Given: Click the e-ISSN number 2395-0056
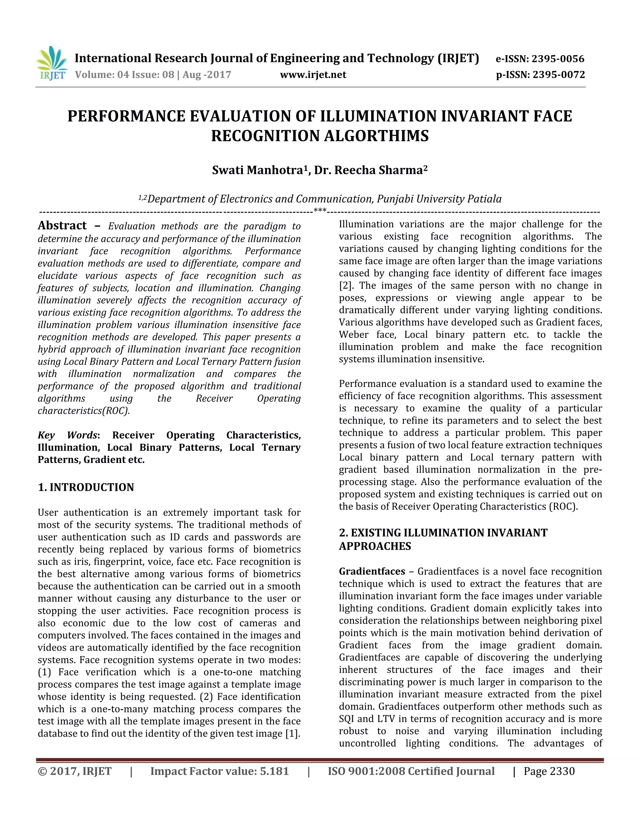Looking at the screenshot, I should click(558, 59).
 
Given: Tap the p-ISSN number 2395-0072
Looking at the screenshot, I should click(558, 75).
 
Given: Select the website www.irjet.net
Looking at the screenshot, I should click(313, 75).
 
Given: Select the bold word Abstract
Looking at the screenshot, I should click(62, 226).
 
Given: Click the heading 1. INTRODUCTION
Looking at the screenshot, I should click(86, 487).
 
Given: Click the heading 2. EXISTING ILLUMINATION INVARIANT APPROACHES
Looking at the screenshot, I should click(443, 539).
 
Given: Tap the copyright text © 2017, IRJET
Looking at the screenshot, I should click(75, 772).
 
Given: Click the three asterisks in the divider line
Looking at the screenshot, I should click(320, 211).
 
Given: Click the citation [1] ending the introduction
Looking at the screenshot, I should click(292, 734).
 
